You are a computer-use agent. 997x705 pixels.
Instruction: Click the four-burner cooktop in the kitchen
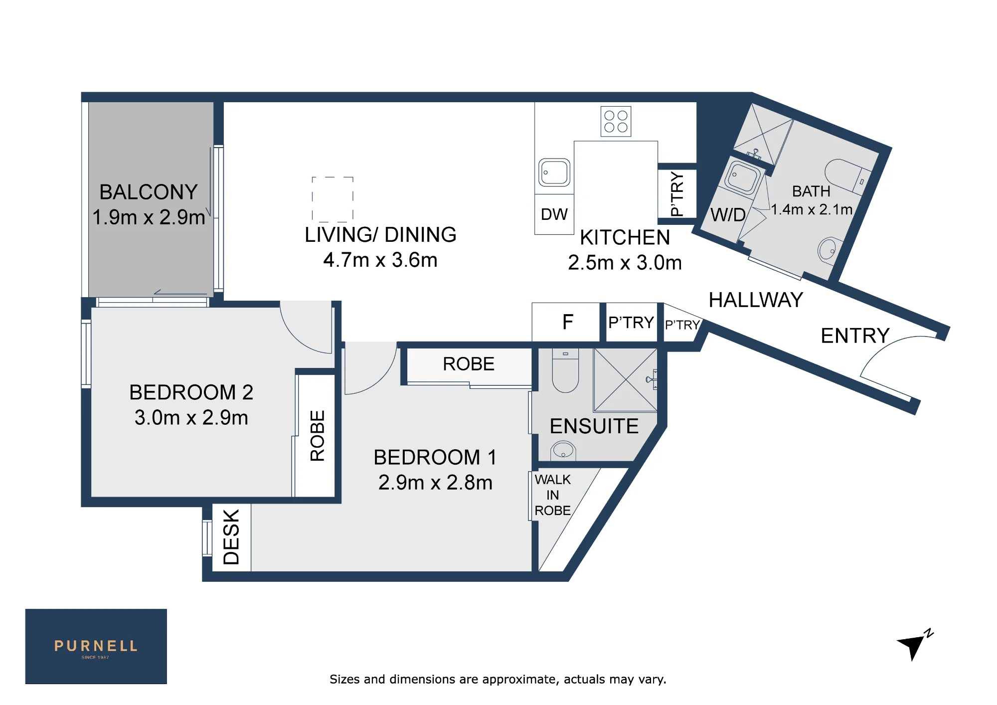pos(616,121)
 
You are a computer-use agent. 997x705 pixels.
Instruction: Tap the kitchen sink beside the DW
pos(554,173)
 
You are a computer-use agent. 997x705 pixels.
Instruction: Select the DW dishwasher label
pos(554,214)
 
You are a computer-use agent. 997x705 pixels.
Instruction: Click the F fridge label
pos(568,322)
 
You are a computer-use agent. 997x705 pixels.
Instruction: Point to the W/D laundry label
pos(728,215)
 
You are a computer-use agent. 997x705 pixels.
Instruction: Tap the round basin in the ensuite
pos(563,451)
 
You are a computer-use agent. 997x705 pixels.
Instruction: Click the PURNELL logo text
pos(96,646)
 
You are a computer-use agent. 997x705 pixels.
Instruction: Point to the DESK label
pos(231,537)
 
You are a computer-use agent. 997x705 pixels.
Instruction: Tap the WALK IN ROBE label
pos(552,495)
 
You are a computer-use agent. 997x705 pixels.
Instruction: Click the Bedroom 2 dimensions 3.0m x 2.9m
pos(191,418)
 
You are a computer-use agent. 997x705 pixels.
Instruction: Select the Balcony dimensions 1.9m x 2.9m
pos(149,217)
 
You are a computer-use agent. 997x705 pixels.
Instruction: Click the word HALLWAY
pos(756,300)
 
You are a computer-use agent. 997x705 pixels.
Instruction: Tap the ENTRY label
pos(855,336)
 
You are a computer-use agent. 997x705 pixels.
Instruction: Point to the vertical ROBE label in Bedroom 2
pos(318,436)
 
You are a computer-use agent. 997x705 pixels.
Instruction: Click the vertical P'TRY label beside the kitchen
pos(676,193)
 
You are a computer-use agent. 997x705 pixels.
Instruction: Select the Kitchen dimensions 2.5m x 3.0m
pos(625,263)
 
